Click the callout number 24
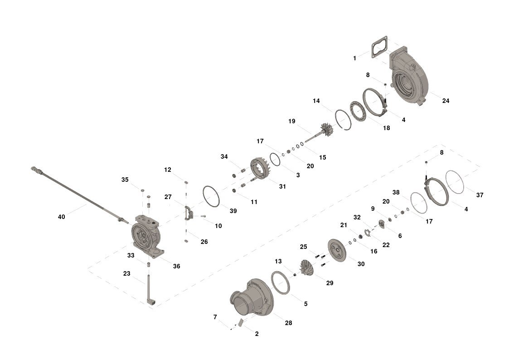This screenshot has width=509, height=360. (x=446, y=101)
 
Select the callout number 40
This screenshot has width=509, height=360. (x=61, y=217)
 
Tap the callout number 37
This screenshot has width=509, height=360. (x=480, y=195)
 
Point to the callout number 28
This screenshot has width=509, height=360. (x=289, y=323)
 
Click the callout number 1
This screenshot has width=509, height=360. (x=354, y=58)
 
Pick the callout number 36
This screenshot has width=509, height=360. (x=176, y=266)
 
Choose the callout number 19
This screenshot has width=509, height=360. (x=292, y=121)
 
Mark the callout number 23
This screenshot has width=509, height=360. (x=126, y=274)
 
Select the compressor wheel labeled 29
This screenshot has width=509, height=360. (x=307, y=267)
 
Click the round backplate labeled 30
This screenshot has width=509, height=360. (x=337, y=250)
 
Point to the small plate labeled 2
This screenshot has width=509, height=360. (x=241, y=323)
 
